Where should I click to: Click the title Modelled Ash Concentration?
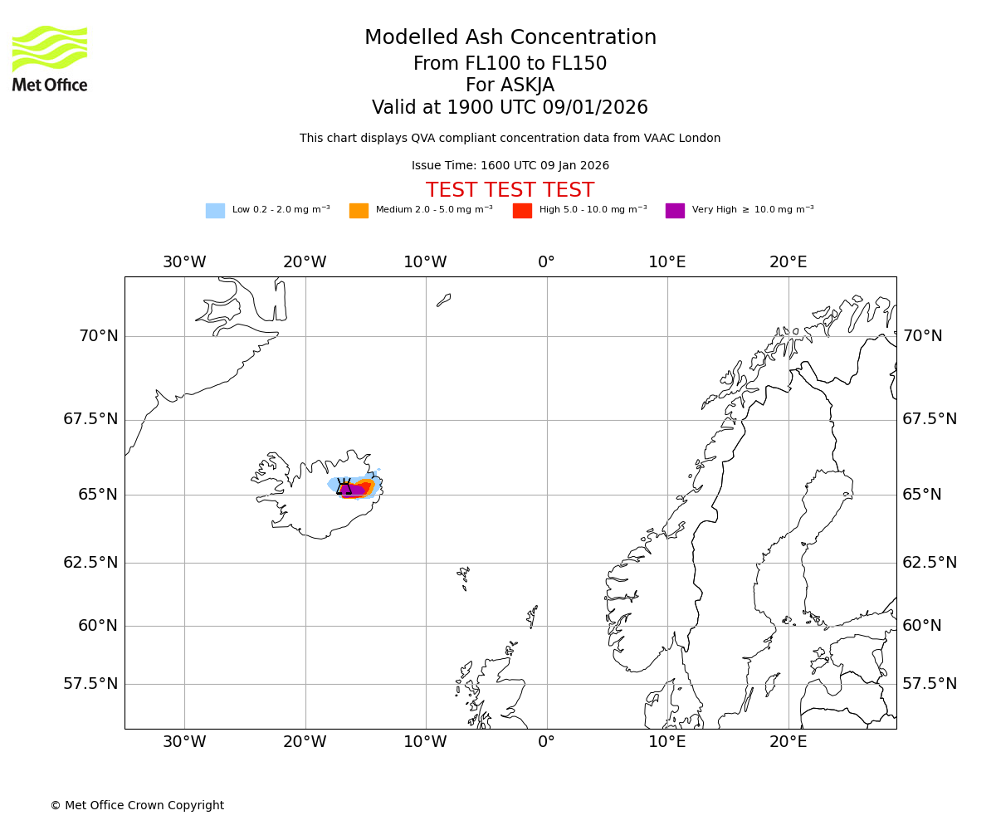(510, 38)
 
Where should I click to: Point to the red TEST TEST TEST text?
(510, 190)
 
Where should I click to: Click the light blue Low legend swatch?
(215, 211)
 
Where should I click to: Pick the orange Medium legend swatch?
(359, 211)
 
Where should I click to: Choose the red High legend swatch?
(522, 211)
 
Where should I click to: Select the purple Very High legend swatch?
(675, 211)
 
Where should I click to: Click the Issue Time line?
(510, 165)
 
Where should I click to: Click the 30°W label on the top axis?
(184, 262)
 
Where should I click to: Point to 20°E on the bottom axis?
(788, 741)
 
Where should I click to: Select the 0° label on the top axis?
(546, 262)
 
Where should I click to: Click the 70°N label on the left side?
(98, 336)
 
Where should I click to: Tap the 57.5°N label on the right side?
(930, 684)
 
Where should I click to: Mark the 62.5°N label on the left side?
(90, 563)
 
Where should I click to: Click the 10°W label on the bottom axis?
(425, 741)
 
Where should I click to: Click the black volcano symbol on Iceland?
(344, 488)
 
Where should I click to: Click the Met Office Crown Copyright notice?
(137, 805)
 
